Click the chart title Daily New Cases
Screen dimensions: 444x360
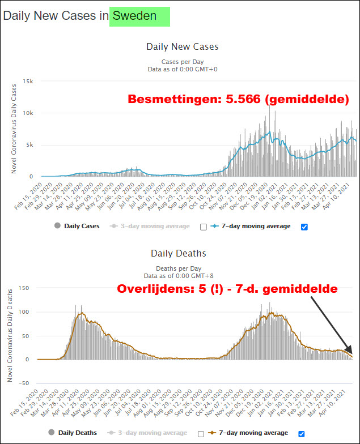point(182,47)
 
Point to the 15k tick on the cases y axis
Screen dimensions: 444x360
point(28,82)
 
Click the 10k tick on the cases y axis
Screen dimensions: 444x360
point(28,113)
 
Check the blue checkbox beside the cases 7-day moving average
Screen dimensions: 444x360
point(304,227)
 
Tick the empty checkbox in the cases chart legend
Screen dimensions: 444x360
point(204,227)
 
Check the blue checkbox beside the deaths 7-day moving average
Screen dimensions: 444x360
point(302,433)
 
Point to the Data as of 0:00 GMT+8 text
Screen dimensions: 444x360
point(182,275)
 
